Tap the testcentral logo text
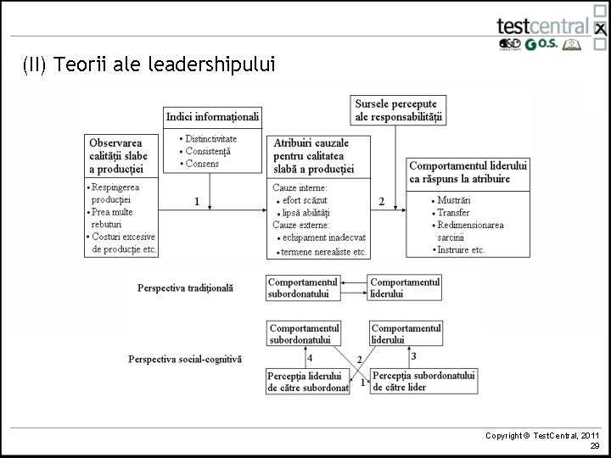(543, 26)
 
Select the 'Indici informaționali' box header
(212, 116)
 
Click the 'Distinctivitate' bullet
(210, 138)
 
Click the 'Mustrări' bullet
(454, 200)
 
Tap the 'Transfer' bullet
(454, 213)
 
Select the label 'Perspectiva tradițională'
(185, 288)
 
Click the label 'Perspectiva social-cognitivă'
(185, 359)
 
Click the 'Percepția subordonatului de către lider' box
(423, 382)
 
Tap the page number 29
(595, 445)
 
